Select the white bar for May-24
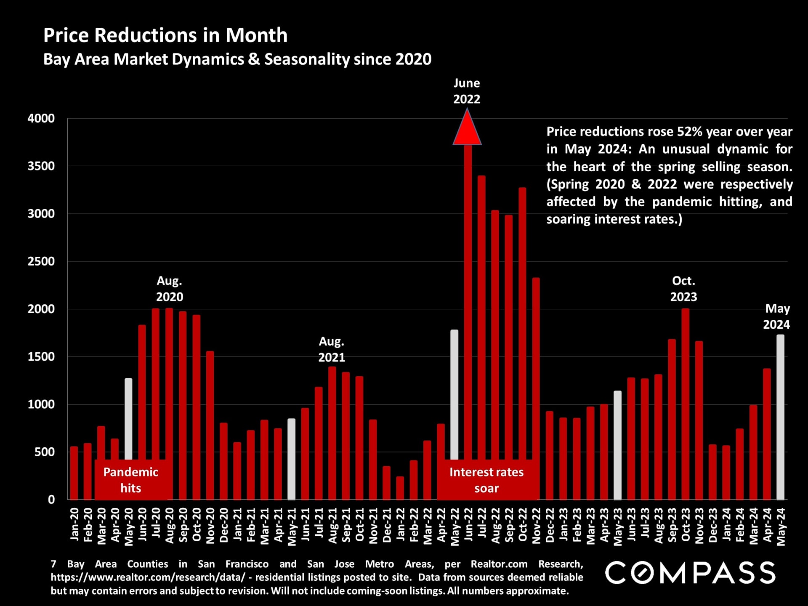[780, 417]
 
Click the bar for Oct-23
[685, 404]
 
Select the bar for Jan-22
[400, 488]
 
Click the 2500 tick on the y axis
[41, 261]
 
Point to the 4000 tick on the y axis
[41, 119]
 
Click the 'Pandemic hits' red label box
[131, 480]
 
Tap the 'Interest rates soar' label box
[486, 480]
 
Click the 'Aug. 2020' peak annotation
[170, 289]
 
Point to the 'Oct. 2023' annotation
[683, 289]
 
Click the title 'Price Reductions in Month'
[165, 35]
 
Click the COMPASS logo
[690, 573]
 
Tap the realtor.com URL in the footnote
[148, 577]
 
